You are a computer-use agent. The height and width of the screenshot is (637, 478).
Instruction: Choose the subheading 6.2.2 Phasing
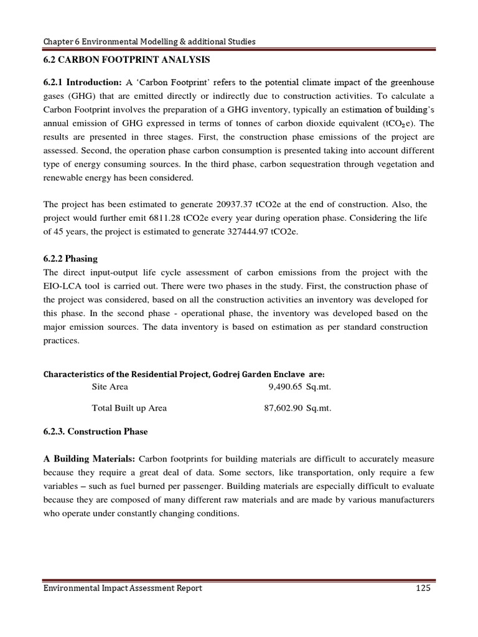(70, 259)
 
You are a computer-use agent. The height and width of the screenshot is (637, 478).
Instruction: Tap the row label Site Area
(110, 386)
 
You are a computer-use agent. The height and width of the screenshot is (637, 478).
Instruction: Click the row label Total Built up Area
(129, 408)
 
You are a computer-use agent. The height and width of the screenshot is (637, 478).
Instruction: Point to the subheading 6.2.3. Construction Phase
(95, 431)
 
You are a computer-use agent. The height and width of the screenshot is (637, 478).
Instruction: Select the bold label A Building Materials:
(89, 459)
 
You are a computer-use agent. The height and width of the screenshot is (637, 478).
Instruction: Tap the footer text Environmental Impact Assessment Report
(123, 588)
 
